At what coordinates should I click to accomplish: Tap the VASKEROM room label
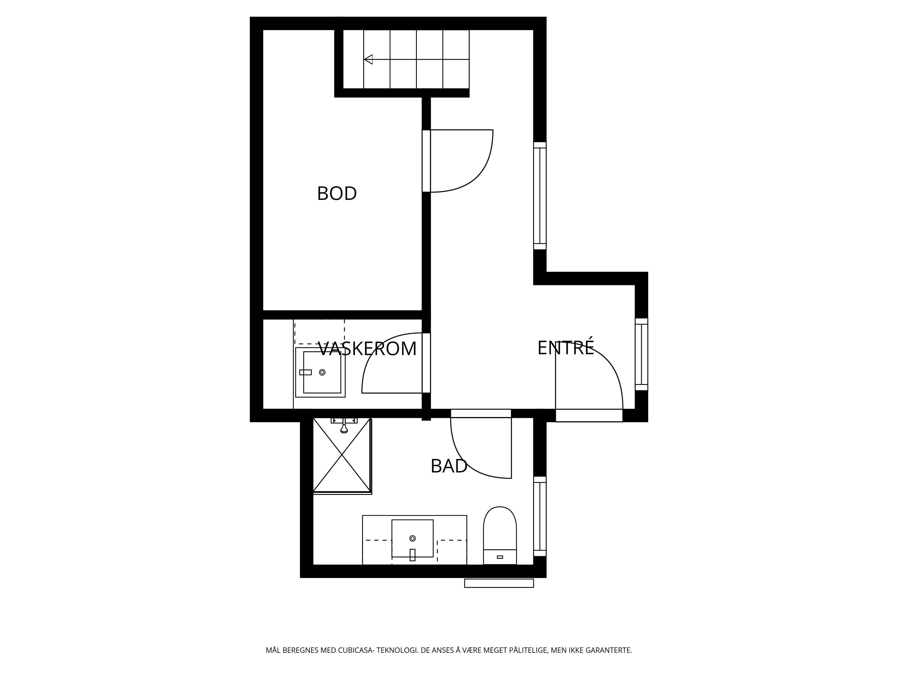tap(368, 349)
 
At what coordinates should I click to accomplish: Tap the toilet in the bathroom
tap(500, 535)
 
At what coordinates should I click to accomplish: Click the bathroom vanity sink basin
tap(412, 538)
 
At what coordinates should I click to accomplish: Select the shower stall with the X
tap(342, 456)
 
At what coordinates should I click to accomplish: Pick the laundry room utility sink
tap(320, 372)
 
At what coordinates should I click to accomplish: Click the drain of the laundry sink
tap(322, 372)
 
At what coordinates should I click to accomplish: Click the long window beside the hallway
tap(540, 196)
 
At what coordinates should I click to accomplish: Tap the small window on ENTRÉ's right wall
tap(641, 354)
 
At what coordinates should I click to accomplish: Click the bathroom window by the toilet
tap(540, 516)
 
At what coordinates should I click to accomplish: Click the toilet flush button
tap(500, 557)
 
